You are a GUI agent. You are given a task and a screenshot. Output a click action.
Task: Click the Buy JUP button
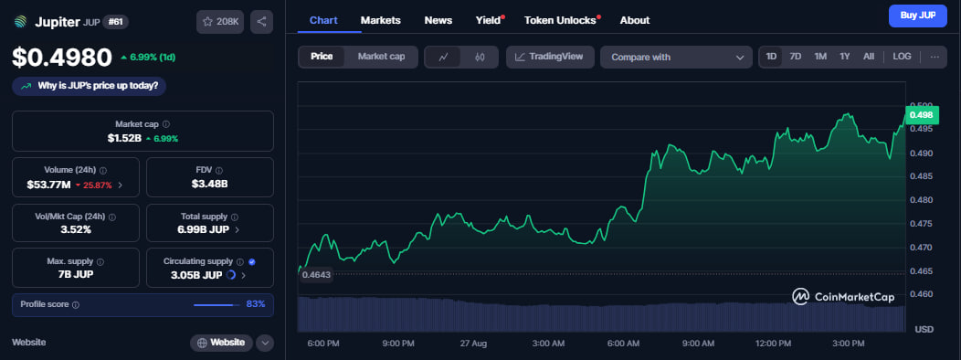pyautogui.click(x=917, y=16)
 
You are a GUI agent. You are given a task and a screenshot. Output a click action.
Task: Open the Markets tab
pyautogui.click(x=381, y=20)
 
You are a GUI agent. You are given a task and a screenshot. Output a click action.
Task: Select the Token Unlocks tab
pyautogui.click(x=560, y=20)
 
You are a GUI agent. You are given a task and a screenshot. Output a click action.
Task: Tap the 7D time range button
pyautogui.click(x=796, y=57)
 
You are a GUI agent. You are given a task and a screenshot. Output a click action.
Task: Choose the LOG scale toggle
pyautogui.click(x=903, y=57)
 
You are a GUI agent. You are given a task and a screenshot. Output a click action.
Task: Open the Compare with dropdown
pyautogui.click(x=676, y=57)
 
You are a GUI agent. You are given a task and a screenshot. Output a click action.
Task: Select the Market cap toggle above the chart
pyautogui.click(x=381, y=57)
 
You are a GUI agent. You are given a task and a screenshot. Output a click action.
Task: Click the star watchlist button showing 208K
pyautogui.click(x=221, y=21)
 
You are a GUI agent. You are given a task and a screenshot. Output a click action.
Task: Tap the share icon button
pyautogui.click(x=261, y=21)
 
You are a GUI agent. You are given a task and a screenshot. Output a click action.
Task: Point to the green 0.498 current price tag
pyautogui.click(x=921, y=115)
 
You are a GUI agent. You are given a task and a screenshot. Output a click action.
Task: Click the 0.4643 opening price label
pyautogui.click(x=316, y=275)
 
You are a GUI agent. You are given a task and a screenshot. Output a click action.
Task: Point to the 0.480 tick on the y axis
pyautogui.click(x=921, y=200)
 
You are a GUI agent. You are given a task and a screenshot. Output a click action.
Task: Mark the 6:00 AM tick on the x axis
pyautogui.click(x=623, y=344)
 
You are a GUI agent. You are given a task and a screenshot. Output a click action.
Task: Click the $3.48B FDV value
pyautogui.click(x=210, y=184)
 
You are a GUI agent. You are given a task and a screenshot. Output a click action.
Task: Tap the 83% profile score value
pyautogui.click(x=256, y=304)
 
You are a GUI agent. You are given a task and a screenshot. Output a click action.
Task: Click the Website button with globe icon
pyautogui.click(x=221, y=343)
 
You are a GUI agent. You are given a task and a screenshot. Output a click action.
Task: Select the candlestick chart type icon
pyautogui.click(x=480, y=57)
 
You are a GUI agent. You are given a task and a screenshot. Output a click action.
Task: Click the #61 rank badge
pyautogui.click(x=115, y=22)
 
